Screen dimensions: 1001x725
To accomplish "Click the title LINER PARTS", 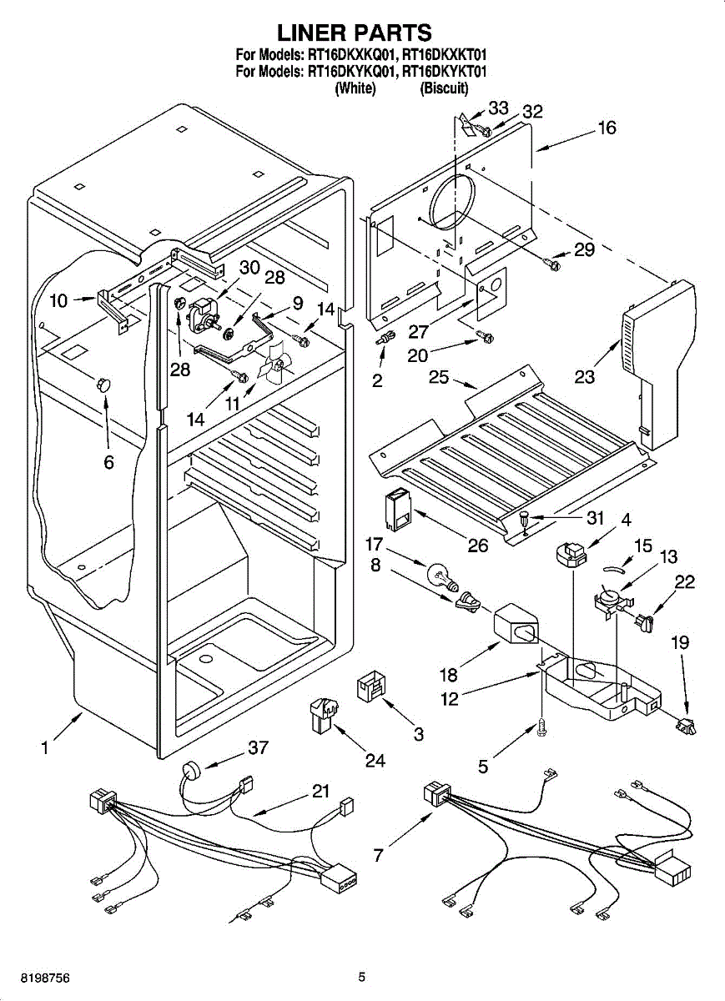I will pos(355,33).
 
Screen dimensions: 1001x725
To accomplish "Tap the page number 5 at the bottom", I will pos(361,977).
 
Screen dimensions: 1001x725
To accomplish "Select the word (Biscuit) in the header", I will pos(445,88).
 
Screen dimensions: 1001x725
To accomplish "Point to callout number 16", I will pos(607,128).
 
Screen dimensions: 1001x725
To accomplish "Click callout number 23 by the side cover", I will pos(585,377).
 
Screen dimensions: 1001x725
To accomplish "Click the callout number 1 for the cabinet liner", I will pos(44,748).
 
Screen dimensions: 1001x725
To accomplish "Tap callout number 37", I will pos(259,747).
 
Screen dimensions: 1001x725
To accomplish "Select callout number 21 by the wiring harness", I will pos(321,792).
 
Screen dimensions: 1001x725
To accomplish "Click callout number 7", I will pos(379,855).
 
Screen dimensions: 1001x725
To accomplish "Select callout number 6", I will pos(109,462).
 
